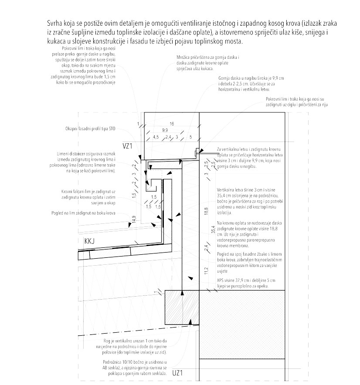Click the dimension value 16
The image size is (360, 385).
[x=171, y=124]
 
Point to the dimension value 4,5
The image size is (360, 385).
[x=156, y=137]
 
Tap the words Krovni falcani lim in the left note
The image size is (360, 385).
[x=77, y=191]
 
